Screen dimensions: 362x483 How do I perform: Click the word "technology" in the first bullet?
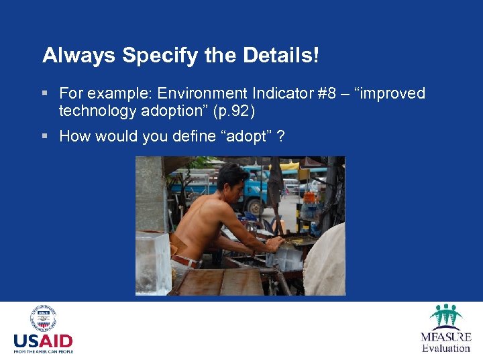coord(93,110)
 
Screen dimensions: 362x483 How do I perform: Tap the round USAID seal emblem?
coord(43,318)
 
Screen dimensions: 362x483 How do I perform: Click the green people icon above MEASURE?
coord(446,316)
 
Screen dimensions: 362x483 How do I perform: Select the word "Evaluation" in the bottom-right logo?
coord(446,348)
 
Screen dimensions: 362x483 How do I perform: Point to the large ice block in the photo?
coord(153,263)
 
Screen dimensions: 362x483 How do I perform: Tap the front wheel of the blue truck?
coord(254,206)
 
